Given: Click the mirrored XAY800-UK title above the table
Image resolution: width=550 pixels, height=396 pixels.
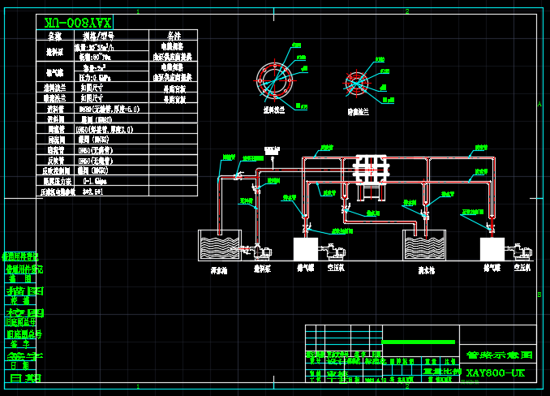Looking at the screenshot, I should click(78, 22).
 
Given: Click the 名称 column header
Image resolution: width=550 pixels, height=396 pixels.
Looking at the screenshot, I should click(54, 37).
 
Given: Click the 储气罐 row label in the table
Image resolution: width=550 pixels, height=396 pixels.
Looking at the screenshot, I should click(54, 70).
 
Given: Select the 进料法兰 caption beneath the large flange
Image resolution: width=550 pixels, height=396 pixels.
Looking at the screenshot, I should click(273, 110).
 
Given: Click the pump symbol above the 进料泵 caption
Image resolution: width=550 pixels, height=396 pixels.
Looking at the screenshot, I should click(261, 251).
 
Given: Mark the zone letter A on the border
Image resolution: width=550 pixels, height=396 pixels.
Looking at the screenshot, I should click(539, 104).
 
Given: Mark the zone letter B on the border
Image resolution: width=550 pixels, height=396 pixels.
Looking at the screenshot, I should click(539, 295).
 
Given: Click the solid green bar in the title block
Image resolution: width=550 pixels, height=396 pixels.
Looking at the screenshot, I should click(419, 342).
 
